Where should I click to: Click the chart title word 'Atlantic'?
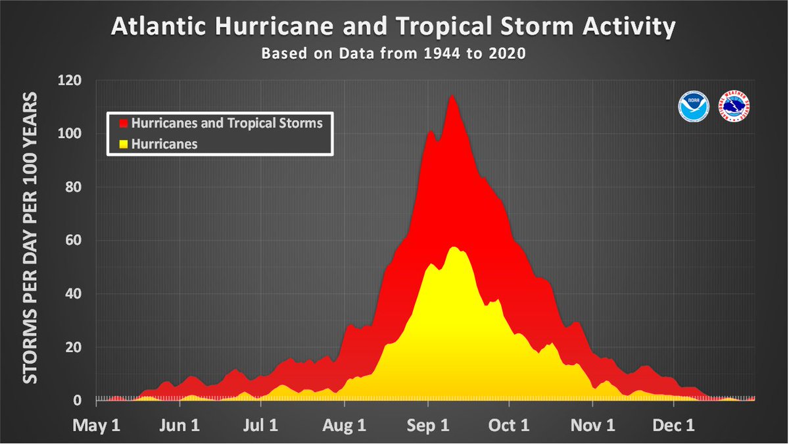click(155, 27)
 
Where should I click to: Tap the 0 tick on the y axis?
click(78, 401)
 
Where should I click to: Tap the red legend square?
click(122, 123)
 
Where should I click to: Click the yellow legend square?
click(122, 144)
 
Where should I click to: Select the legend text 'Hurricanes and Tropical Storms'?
click(227, 123)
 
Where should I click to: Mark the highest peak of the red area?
click(452, 96)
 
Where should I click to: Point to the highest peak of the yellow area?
click(454, 247)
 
